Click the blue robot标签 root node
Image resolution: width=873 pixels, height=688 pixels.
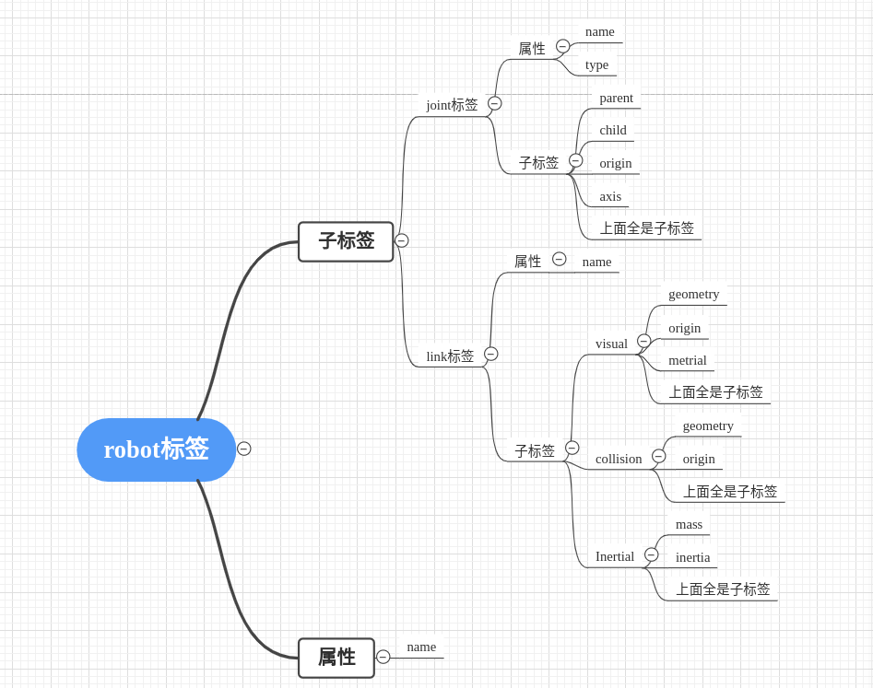(156, 449)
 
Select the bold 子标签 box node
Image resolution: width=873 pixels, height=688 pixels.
(346, 241)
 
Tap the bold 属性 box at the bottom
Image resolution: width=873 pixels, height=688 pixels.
(336, 658)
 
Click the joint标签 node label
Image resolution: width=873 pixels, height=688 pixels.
(452, 105)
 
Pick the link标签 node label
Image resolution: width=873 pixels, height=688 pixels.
(450, 356)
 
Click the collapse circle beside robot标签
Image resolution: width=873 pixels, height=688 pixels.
(243, 449)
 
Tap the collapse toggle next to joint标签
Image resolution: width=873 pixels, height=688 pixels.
(495, 103)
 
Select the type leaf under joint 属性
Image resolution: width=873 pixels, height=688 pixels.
(596, 64)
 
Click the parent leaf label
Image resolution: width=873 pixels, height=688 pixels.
(616, 98)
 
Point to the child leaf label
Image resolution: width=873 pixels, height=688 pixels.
(613, 130)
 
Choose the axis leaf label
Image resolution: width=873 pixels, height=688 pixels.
(610, 196)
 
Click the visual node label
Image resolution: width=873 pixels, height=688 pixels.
(611, 344)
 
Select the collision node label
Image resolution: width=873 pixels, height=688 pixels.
(619, 459)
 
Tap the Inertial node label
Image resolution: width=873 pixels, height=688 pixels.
(615, 556)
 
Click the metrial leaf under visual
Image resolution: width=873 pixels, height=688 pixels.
(688, 360)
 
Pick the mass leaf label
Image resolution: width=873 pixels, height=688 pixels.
(689, 524)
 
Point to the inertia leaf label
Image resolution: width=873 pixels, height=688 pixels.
(692, 557)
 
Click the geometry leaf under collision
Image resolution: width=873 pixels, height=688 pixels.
(708, 426)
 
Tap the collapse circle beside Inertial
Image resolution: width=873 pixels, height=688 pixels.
(652, 554)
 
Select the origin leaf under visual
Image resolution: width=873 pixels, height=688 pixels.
(684, 328)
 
